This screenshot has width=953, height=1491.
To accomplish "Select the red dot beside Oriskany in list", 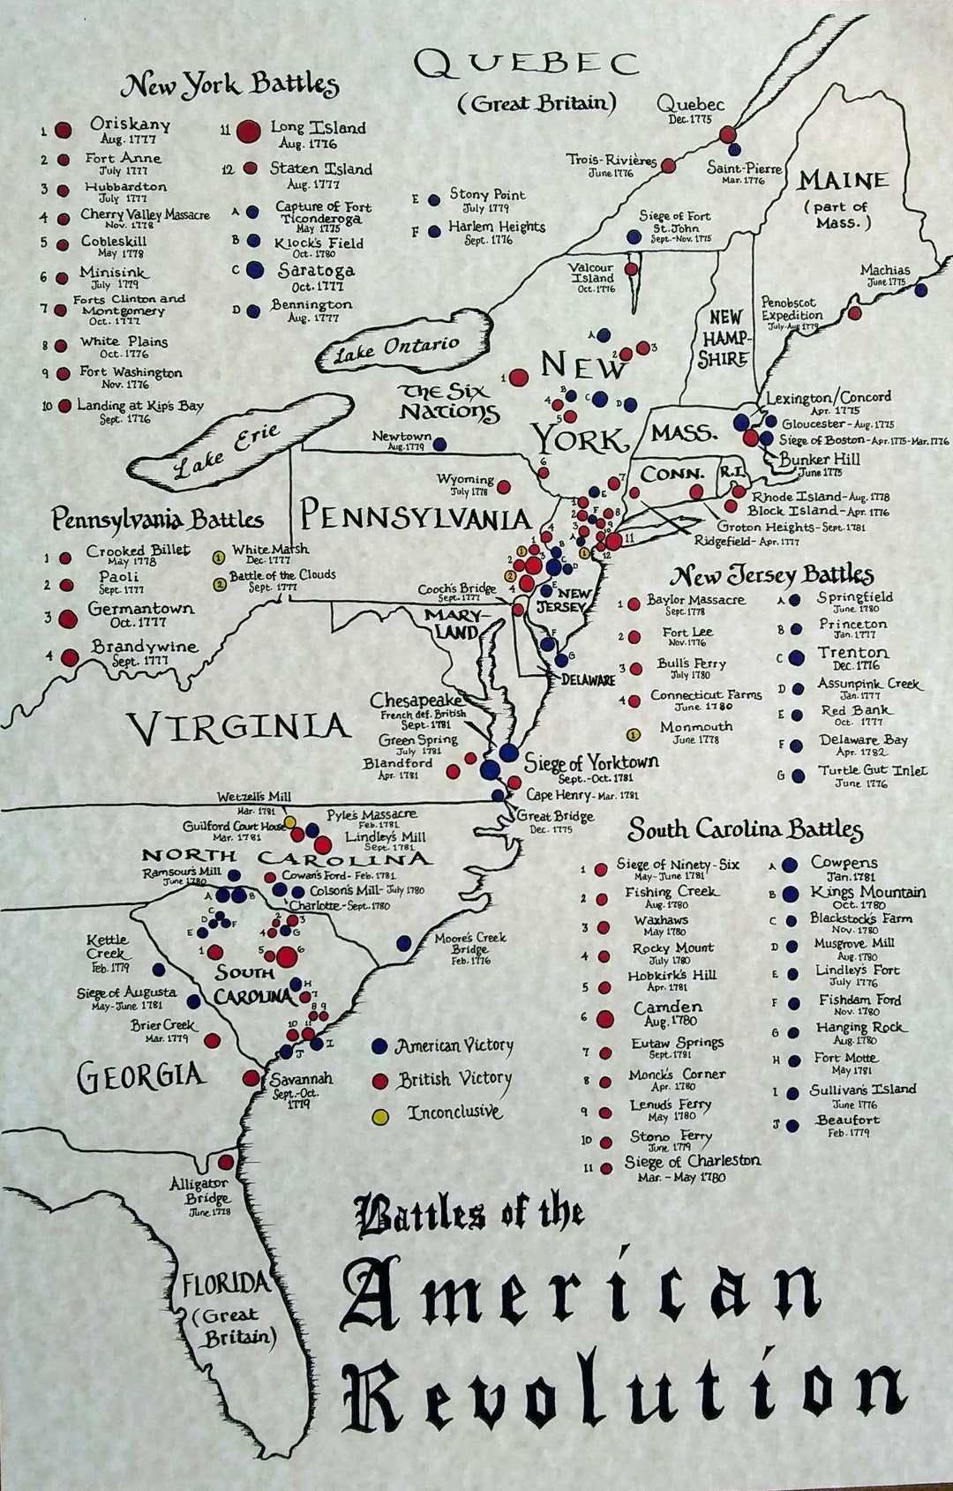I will [63, 130].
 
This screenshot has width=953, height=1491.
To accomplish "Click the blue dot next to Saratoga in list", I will [254, 270].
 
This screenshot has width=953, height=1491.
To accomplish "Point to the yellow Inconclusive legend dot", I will [380, 1116].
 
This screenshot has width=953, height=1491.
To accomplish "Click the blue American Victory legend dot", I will [380, 1046].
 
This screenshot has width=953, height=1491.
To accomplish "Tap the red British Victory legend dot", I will [380, 1081].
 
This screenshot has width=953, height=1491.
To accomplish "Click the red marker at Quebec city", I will [728, 134].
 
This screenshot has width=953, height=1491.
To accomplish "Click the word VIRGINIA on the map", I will [238, 727].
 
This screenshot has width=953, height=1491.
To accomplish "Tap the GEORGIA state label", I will [141, 1075].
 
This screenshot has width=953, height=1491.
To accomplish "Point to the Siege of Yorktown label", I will [590, 761].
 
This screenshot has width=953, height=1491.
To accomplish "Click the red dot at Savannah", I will [251, 1077].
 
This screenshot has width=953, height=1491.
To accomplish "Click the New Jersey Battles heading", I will [772, 576].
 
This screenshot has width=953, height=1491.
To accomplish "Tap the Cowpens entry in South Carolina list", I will [844, 863].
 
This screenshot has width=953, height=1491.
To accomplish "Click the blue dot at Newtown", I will [439, 445].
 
